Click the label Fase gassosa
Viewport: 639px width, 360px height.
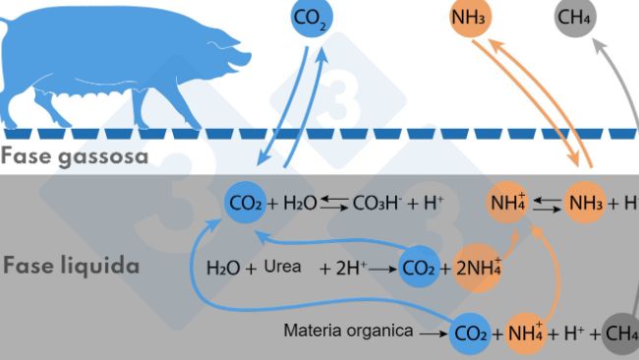click(75, 156)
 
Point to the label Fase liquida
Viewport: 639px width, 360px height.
click(70, 266)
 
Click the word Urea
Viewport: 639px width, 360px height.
click(282, 267)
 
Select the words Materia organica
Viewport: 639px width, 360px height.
click(348, 331)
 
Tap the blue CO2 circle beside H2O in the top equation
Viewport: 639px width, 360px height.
click(245, 204)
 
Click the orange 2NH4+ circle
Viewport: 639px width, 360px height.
click(479, 268)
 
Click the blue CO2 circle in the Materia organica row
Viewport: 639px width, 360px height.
click(471, 332)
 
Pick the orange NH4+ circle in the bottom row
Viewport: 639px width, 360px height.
click(526, 332)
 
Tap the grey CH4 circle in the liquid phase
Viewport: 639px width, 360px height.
click(621, 332)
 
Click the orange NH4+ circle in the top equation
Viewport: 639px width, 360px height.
click(508, 204)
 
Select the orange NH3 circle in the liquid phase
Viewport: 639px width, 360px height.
click(587, 204)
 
